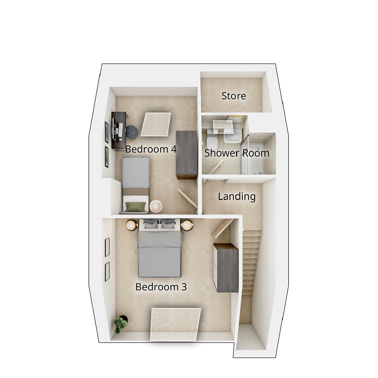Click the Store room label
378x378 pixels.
coord(233,96)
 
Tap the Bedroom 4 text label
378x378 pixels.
coord(151,149)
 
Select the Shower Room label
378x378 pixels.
coord(237,153)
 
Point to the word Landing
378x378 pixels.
coord(237,196)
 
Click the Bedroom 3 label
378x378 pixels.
coord(161,287)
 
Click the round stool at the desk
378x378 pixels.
coord(132,132)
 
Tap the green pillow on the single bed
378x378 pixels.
coord(136,207)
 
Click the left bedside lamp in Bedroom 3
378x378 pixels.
coord(131,225)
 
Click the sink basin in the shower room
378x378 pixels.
coord(232,137)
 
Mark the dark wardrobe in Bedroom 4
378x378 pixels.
coord(186,155)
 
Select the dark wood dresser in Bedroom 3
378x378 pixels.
coord(226,268)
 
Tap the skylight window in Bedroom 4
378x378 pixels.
coord(156,124)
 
